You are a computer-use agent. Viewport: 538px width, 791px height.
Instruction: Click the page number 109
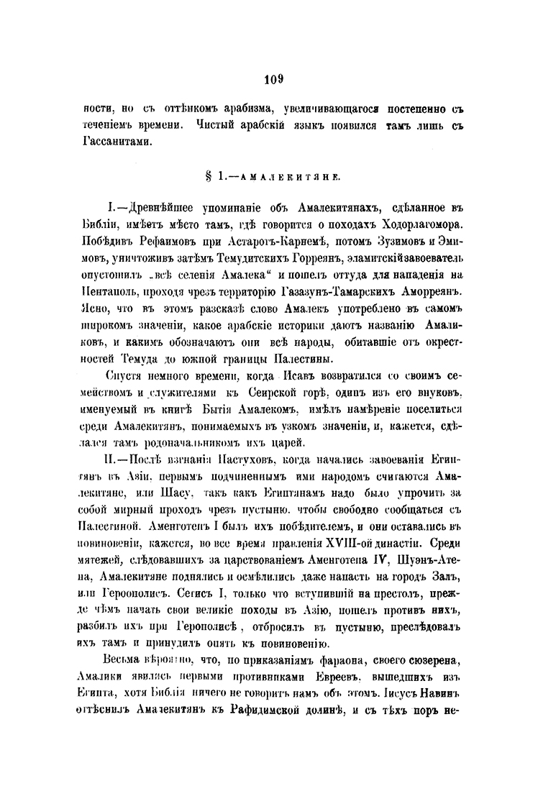pos(269,79)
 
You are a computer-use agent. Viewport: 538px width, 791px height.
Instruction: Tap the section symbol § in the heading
pos(209,174)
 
